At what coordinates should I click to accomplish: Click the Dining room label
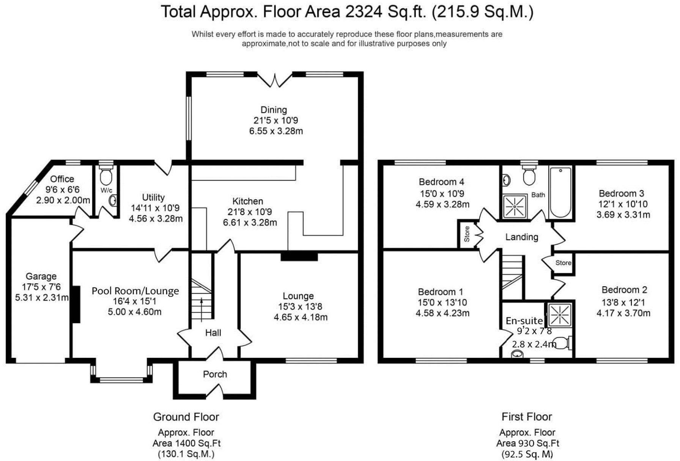pyautogui.click(x=274, y=110)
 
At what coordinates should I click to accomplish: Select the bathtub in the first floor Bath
pyautogui.click(x=560, y=192)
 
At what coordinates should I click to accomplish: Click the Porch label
pyautogui.click(x=215, y=374)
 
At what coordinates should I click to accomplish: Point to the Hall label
pyautogui.click(x=213, y=333)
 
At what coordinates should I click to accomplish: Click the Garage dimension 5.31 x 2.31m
pyautogui.click(x=42, y=298)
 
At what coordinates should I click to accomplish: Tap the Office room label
pyautogui.click(x=62, y=179)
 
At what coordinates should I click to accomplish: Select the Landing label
pyautogui.click(x=522, y=237)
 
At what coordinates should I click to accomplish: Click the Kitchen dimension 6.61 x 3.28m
pyautogui.click(x=250, y=223)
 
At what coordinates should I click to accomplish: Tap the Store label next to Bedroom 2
pyautogui.click(x=564, y=263)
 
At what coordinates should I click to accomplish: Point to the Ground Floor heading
pyautogui.click(x=186, y=417)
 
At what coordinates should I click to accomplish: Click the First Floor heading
pyautogui.click(x=527, y=417)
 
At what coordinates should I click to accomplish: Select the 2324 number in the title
pyautogui.click(x=363, y=12)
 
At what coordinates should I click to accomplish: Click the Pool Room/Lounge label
pyautogui.click(x=135, y=291)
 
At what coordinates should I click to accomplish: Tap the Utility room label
pyautogui.click(x=153, y=198)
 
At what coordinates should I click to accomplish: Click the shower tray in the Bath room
pyautogui.click(x=515, y=206)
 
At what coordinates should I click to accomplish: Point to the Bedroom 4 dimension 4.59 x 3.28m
pyautogui.click(x=442, y=204)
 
